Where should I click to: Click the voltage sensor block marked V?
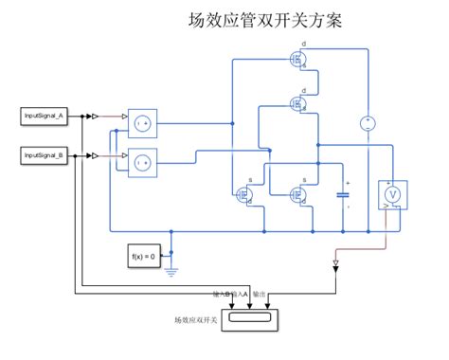pos(391,193)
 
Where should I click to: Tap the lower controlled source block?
pos(139,162)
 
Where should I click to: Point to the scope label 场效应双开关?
pos(196,320)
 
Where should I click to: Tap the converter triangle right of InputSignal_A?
pos(95,116)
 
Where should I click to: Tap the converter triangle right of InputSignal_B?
pos(95,153)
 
